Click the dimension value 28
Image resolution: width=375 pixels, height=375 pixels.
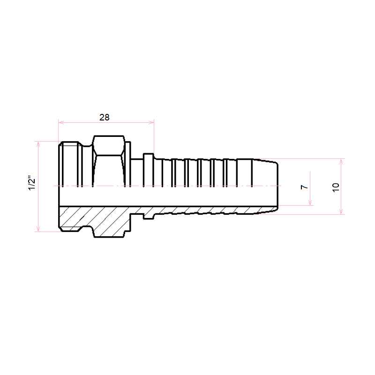(105, 118)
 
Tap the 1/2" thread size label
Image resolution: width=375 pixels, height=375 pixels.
(32, 183)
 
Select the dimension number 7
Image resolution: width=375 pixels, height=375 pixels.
(304, 187)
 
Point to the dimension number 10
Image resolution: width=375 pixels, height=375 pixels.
(336, 187)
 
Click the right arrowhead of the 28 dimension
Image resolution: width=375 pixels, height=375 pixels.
(151, 122)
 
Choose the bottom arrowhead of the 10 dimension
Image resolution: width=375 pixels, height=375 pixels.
(341, 211)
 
